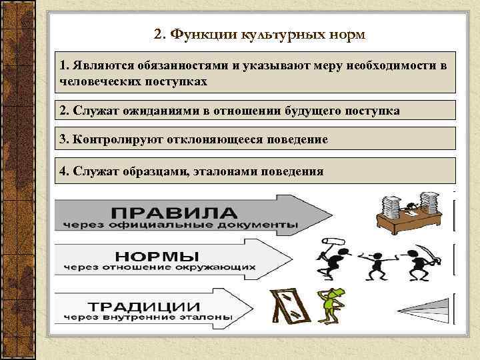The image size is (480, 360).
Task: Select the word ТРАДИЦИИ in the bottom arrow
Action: pos(147,306)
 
